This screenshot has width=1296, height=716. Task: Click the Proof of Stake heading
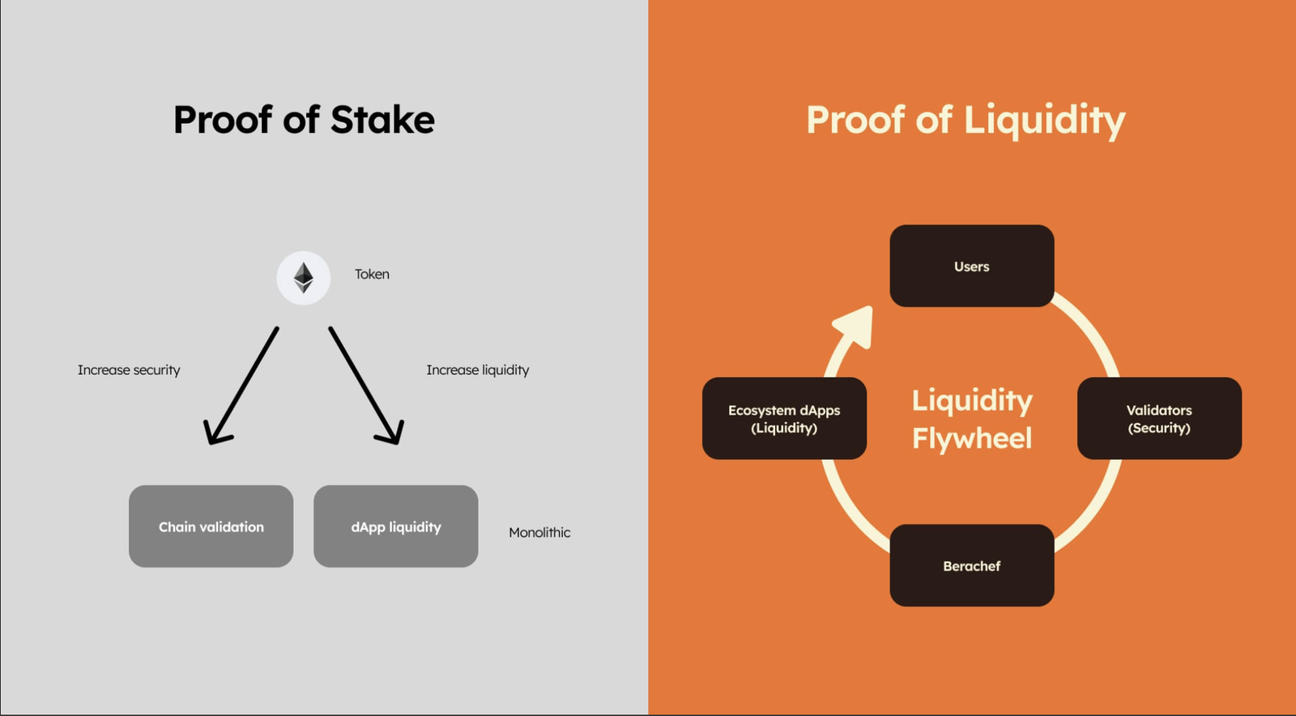tap(304, 120)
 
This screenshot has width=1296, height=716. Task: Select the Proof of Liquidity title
tap(966, 120)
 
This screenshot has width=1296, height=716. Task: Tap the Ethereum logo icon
tap(304, 278)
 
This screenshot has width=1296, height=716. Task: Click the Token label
tap(372, 275)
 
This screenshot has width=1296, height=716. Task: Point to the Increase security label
tap(129, 370)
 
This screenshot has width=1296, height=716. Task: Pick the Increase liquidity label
tap(477, 370)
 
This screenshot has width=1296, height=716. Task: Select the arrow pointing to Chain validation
tap(241, 386)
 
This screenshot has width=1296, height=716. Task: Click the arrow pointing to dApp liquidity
tap(366, 386)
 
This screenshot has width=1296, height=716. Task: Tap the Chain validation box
tap(211, 526)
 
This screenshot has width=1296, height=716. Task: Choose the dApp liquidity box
tap(395, 526)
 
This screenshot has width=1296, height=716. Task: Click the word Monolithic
tap(539, 532)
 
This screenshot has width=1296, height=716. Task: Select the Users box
tap(971, 266)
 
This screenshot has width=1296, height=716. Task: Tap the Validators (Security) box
tap(1159, 419)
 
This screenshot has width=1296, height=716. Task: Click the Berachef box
tap(971, 565)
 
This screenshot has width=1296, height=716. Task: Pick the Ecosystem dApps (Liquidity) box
tap(784, 419)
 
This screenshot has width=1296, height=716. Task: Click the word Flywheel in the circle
tap(972, 438)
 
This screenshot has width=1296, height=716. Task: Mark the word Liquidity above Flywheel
tap(972, 401)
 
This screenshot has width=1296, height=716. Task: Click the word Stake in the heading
tap(382, 120)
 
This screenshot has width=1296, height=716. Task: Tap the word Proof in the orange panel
tap(855, 120)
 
